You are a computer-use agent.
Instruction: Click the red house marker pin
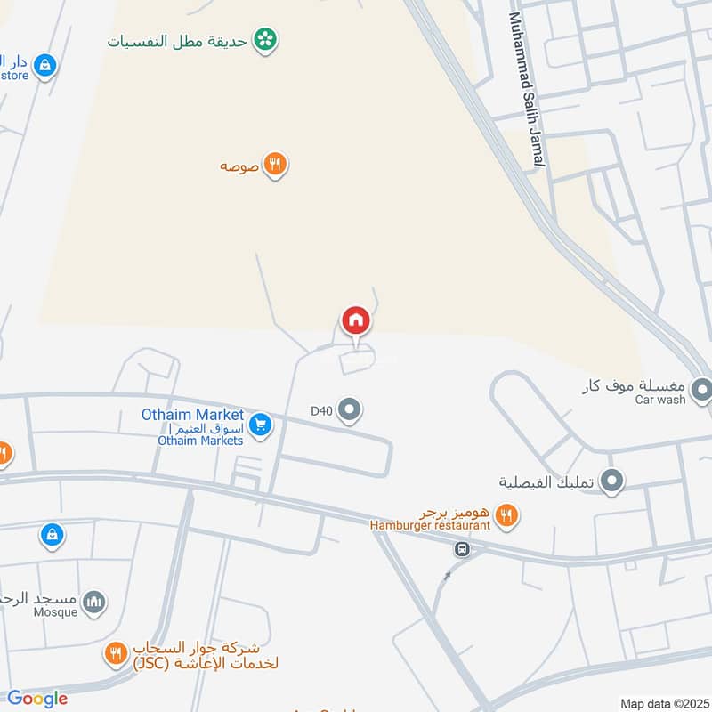tap(355, 320)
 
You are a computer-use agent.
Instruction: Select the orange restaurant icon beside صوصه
tap(276, 165)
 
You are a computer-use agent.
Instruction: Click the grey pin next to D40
tap(351, 410)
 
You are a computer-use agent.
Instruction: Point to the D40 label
tap(320, 410)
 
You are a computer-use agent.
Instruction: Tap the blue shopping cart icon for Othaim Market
tap(260, 425)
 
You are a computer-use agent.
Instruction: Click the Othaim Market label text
tap(192, 415)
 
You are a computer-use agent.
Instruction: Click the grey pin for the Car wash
tap(702, 390)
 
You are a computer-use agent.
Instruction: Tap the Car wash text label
tap(659, 400)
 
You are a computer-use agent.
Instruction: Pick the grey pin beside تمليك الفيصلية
tap(611, 481)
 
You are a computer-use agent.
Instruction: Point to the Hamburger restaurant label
tap(431, 525)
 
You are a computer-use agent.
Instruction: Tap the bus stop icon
tap(463, 548)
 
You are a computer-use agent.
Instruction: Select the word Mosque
tap(56, 612)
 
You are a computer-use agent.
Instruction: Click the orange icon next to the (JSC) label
tap(115, 654)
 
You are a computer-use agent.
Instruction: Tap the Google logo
tap(37, 699)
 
